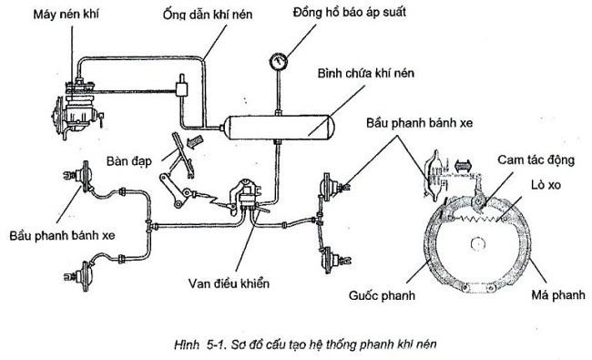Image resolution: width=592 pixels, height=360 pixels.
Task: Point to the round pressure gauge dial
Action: (279, 62)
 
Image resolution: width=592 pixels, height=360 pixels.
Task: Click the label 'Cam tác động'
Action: (536, 160)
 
